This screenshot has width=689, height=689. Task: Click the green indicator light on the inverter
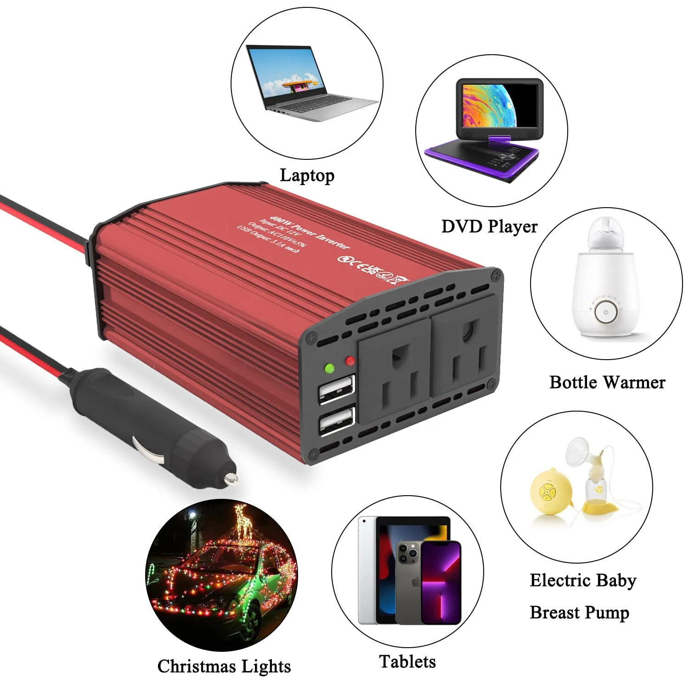pyautogui.click(x=329, y=368)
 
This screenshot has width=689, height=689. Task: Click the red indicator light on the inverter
pyautogui.click(x=350, y=361)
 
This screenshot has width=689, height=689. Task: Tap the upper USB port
pyautogui.click(x=337, y=389)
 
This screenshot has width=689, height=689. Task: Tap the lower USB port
pyautogui.click(x=337, y=421)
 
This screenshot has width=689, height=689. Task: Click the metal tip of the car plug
pyautogui.click(x=230, y=479)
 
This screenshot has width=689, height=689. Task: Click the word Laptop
pyautogui.click(x=307, y=175)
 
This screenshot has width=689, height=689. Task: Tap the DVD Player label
pyautogui.click(x=489, y=226)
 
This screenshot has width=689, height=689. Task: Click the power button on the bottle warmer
pyautogui.click(x=606, y=312)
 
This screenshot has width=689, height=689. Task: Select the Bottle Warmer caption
pyautogui.click(x=607, y=382)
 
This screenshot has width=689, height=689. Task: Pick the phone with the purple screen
pyautogui.click(x=441, y=583)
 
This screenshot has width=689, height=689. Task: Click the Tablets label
pyautogui.click(x=407, y=662)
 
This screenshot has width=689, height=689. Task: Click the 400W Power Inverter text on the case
pyautogui.click(x=310, y=232)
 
